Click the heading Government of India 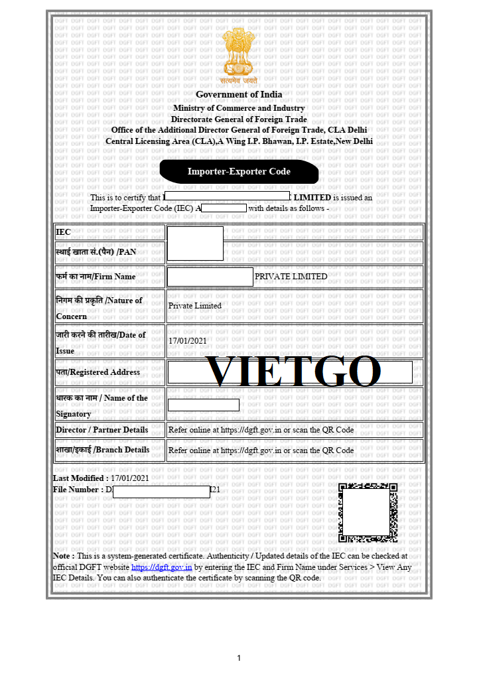click(239, 95)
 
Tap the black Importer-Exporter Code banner click(239, 172)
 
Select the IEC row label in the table click(63, 232)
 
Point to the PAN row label click(96, 252)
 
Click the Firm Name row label click(96, 277)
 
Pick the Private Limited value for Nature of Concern click(195, 306)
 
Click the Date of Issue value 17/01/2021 click(188, 341)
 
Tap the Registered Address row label click(98, 372)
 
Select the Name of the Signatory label click(102, 405)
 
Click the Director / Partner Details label click(102, 430)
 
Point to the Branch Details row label click(102, 450)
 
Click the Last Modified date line click(101, 478)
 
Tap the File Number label click(77, 490)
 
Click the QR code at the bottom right click(368, 513)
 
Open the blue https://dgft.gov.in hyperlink click(162, 567)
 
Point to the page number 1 click(239, 658)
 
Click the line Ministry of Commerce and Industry click(239, 108)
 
